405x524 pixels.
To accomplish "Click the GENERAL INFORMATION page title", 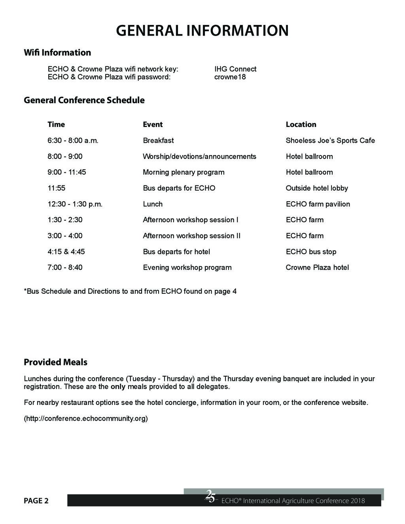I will pyautogui.click(x=202, y=30).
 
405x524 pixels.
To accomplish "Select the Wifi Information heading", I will pyautogui.click(x=57, y=53).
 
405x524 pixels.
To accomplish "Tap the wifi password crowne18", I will pyautogui.click(x=230, y=77).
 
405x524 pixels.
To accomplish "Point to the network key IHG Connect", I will pyautogui.click(x=235, y=69).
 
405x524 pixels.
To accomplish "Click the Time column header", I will pyautogui.click(x=56, y=124).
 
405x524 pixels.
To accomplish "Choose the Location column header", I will pyautogui.click(x=301, y=124).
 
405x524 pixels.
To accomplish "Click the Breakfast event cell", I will pyautogui.click(x=158, y=140).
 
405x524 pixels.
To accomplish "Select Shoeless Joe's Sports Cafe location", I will pyautogui.click(x=330, y=140).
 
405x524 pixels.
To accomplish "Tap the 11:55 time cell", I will pyautogui.click(x=56, y=188).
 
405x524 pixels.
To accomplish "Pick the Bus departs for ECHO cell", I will pyautogui.click(x=179, y=188).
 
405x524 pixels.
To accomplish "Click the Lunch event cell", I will pyautogui.click(x=153, y=204).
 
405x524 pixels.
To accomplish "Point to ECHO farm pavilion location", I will pyautogui.click(x=318, y=204).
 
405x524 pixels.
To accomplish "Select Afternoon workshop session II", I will pyautogui.click(x=191, y=236).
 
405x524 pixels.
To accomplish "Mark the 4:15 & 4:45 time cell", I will pyautogui.click(x=66, y=252).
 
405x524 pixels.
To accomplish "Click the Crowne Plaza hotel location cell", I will pyautogui.click(x=317, y=267).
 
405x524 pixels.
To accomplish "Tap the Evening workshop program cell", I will pyautogui.click(x=187, y=267).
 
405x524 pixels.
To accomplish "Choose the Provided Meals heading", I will pyautogui.click(x=55, y=362).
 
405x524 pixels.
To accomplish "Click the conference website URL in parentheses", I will pyautogui.click(x=86, y=418).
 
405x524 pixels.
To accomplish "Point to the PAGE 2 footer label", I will pyautogui.click(x=36, y=501).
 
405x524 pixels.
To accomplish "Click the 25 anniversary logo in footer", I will pyautogui.click(x=210, y=497).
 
